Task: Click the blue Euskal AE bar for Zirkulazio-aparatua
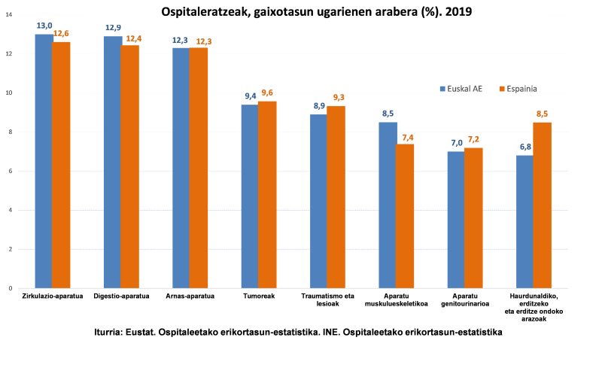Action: tap(44, 161)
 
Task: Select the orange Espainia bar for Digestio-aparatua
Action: tap(129, 166)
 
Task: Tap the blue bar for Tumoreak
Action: tap(249, 196)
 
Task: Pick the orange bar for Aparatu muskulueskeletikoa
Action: tap(405, 215)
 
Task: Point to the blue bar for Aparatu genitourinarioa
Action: tap(455, 219)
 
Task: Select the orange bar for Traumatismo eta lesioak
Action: tap(336, 196)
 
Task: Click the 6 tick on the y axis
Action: tap(9, 171)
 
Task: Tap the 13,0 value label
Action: tap(44, 26)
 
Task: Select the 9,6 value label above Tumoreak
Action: tap(267, 93)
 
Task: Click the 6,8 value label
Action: tap(524, 146)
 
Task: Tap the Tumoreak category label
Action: tap(257, 296)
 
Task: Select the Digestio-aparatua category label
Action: tap(121, 296)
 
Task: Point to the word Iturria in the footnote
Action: tap(111, 332)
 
